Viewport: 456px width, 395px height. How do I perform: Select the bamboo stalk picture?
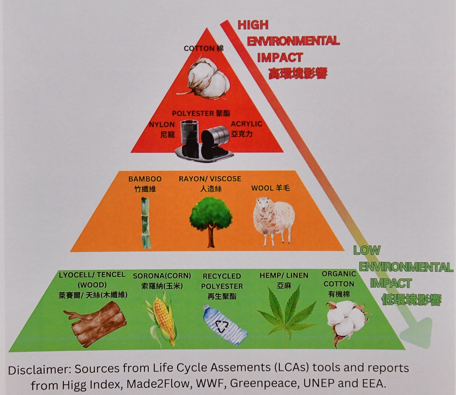(x=146, y=223)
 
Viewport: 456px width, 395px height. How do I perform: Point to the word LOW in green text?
(x=367, y=250)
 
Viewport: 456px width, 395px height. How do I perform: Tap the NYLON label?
(x=162, y=124)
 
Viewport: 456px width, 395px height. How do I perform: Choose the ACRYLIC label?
(x=246, y=124)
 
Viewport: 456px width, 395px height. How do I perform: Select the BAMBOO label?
(x=145, y=179)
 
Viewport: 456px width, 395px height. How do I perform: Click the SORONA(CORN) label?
(x=162, y=276)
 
